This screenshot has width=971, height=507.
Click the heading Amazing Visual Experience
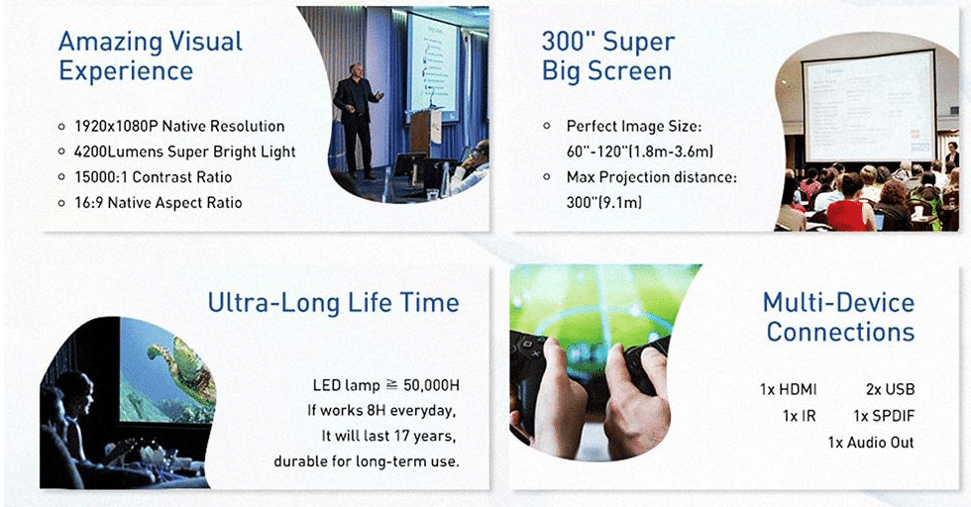(x=151, y=56)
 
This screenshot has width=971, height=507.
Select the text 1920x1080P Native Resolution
(x=179, y=127)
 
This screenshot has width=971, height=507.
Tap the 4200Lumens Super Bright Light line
(x=184, y=152)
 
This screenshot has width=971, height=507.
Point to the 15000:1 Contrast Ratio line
(x=153, y=177)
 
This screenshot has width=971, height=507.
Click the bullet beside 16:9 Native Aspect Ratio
(x=61, y=203)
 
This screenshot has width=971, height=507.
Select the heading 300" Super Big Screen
(x=607, y=56)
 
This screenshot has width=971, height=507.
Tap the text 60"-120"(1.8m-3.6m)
(x=640, y=152)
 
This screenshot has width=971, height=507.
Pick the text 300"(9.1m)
(x=603, y=202)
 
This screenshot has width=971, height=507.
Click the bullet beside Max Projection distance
(x=547, y=177)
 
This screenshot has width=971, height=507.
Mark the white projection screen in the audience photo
(x=869, y=107)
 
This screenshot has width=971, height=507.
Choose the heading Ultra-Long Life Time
(x=333, y=303)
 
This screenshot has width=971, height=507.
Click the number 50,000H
(x=432, y=385)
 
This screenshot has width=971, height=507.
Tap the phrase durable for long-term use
(x=367, y=461)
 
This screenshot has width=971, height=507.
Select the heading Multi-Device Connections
(x=839, y=317)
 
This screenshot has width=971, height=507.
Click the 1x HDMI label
(x=789, y=389)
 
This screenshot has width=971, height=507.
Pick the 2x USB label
(x=891, y=389)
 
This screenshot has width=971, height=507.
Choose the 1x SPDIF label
(x=884, y=416)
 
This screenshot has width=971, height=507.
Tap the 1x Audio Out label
(x=871, y=443)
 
